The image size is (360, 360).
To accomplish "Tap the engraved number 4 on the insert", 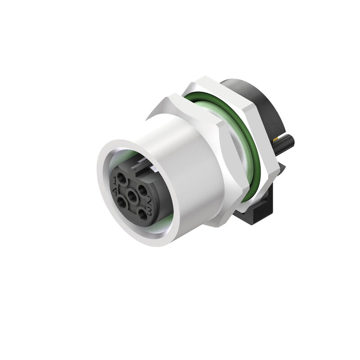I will click(116, 192).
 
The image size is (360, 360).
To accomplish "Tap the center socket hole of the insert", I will click(133, 196).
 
